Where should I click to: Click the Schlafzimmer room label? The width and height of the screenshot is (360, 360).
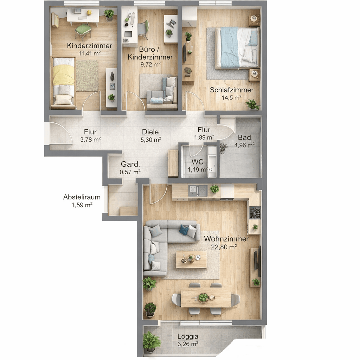(x=231, y=90)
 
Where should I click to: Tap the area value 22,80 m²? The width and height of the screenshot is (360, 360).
(x=224, y=247)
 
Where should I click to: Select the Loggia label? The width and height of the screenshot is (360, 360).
(x=188, y=337)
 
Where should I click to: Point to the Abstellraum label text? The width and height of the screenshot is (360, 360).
(x=82, y=197)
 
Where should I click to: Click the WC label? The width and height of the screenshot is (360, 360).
(x=198, y=162)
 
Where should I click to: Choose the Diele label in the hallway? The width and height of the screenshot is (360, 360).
(x=150, y=132)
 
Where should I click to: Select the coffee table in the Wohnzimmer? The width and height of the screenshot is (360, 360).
(x=191, y=259)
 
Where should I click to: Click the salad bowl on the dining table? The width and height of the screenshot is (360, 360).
(x=204, y=297)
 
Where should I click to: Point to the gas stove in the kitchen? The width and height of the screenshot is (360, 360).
(x=255, y=213)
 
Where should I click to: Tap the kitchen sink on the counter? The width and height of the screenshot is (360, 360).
(x=193, y=190)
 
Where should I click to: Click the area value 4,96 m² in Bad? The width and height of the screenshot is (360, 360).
(x=244, y=145)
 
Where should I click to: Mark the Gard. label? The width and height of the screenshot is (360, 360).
(x=130, y=164)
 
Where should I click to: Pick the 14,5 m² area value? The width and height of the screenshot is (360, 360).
(x=231, y=98)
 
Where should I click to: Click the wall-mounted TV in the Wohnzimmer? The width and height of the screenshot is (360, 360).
(x=259, y=261)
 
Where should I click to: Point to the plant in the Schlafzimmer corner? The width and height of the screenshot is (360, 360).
(x=252, y=104)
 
